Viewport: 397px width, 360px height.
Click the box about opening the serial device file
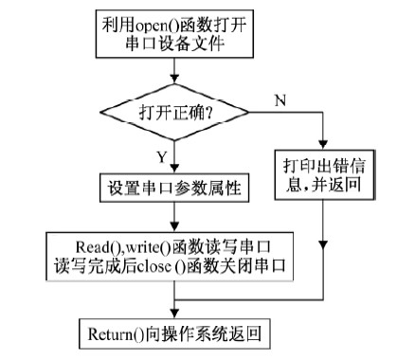[171, 34]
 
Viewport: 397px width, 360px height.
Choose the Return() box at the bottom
[171, 333]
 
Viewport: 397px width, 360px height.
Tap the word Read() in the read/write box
[95, 243]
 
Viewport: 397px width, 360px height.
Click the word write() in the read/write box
[146, 243]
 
